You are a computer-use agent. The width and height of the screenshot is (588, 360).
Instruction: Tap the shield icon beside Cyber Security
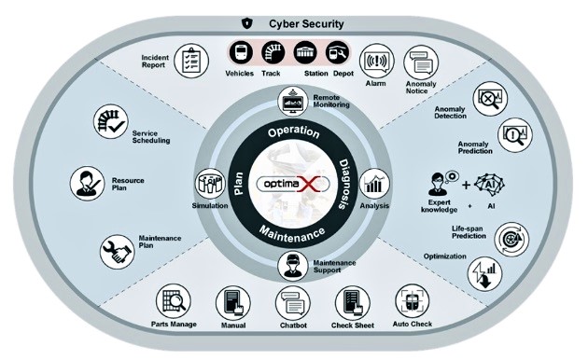[x=245, y=21]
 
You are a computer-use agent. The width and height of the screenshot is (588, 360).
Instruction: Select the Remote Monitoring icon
[x=293, y=102]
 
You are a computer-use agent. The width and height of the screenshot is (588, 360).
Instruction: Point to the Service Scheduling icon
[x=110, y=122]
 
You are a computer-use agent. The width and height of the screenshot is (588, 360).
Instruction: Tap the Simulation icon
[x=208, y=183]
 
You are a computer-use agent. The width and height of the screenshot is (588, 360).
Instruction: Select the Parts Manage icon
[x=174, y=301]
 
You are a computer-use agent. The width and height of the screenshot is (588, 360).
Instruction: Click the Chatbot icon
[x=292, y=303]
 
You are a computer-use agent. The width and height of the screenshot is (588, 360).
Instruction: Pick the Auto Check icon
[x=411, y=301]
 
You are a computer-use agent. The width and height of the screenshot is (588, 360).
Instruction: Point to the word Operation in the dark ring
[x=293, y=132]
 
